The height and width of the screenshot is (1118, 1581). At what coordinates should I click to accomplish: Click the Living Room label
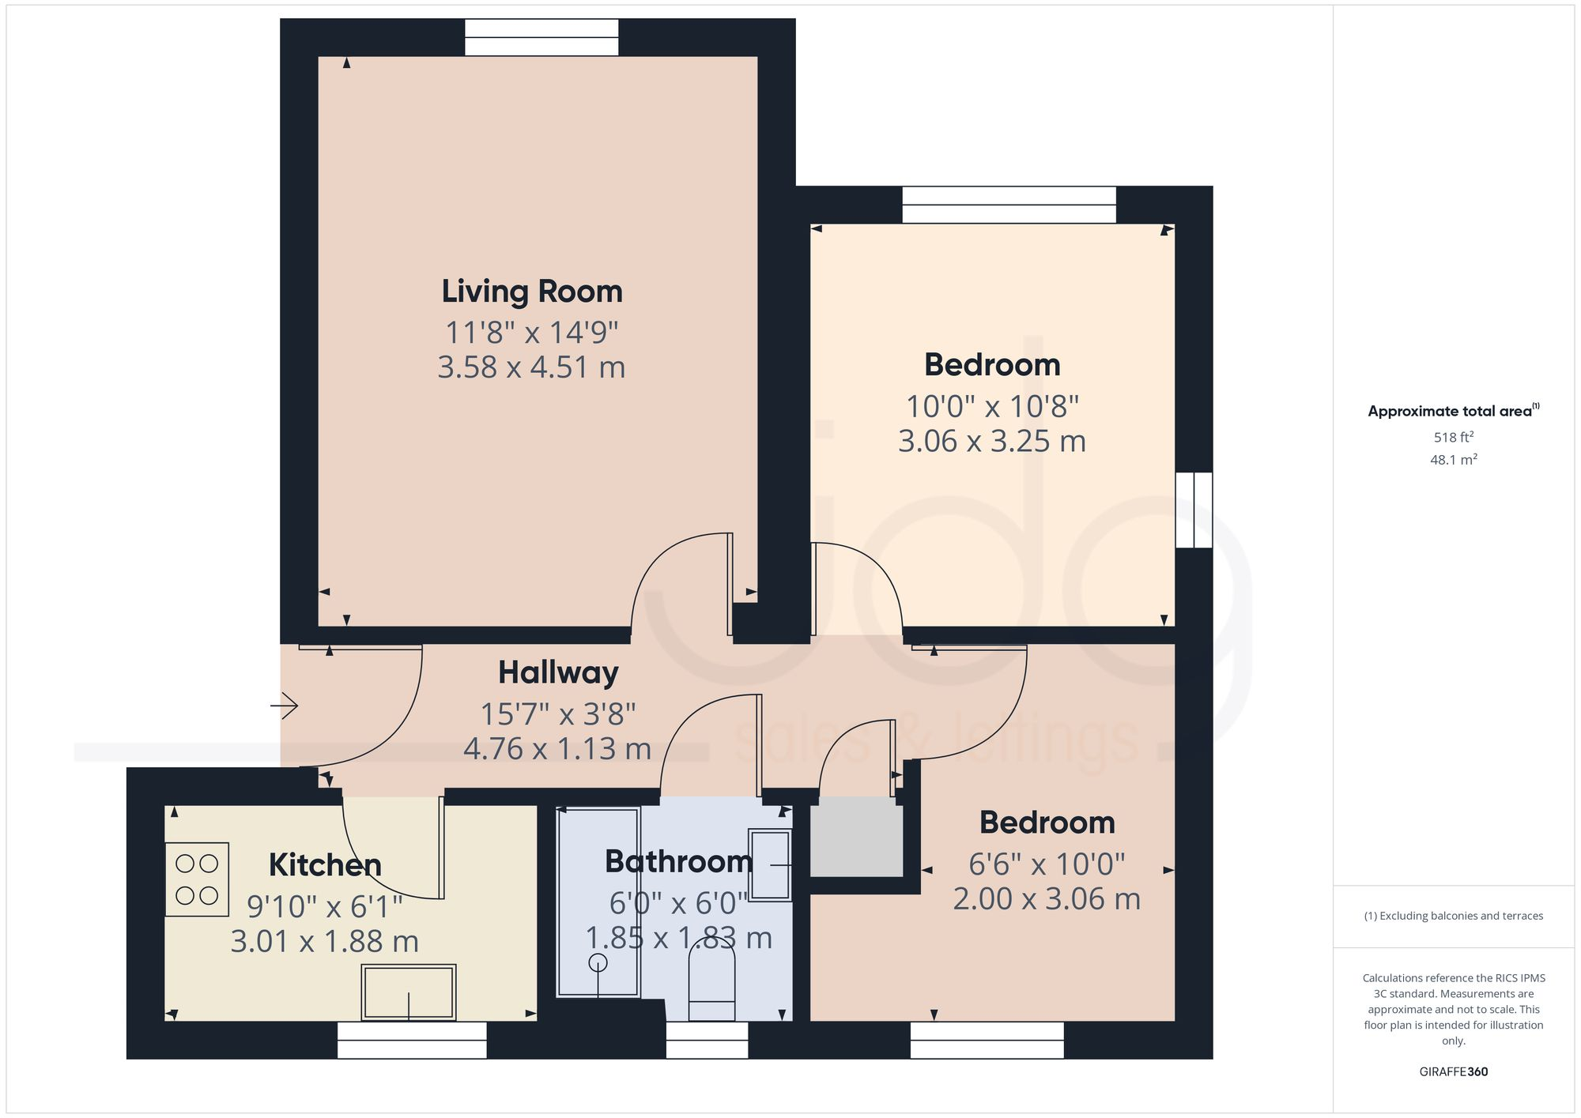tap(531, 292)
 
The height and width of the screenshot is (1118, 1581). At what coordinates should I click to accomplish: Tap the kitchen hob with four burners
tap(197, 879)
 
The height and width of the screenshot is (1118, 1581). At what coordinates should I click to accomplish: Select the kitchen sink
tap(409, 992)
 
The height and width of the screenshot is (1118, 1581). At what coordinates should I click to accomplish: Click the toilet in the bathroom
tap(711, 984)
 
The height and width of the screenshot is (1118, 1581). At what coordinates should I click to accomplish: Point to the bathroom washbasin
tap(770, 865)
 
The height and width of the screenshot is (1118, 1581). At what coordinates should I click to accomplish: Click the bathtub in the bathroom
tap(598, 901)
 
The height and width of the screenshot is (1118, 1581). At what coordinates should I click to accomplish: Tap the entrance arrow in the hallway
tap(285, 705)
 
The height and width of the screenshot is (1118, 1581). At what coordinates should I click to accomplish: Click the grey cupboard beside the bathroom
tap(857, 837)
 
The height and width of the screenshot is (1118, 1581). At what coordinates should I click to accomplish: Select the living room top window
tap(541, 38)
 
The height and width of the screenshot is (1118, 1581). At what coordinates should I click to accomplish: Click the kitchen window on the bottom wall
tap(412, 1040)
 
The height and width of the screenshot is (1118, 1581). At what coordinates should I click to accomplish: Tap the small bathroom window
tap(707, 1040)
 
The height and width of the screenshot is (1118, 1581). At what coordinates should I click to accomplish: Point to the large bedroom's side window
tap(1194, 510)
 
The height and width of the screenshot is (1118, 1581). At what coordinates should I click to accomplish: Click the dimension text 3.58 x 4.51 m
tap(531, 367)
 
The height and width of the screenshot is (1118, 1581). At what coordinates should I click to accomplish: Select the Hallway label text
tap(558, 673)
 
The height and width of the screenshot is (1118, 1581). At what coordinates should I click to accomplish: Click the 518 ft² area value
tap(1453, 437)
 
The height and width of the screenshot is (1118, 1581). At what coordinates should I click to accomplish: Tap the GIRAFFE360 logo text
tap(1453, 1071)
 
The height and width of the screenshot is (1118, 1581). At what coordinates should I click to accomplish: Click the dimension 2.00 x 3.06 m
tap(1047, 899)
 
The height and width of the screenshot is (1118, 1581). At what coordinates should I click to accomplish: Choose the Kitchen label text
tap(325, 865)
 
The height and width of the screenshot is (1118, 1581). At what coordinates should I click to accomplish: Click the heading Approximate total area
tap(1449, 411)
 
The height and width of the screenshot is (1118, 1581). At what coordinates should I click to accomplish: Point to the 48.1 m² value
tap(1453, 460)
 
